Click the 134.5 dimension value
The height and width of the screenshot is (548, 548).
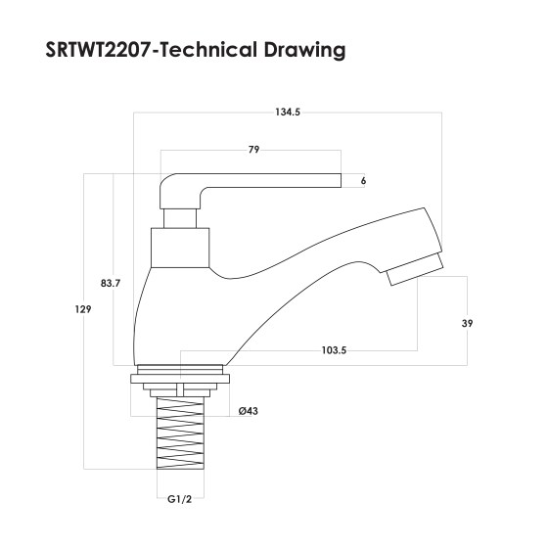[287, 113]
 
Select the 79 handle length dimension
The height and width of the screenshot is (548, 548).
[252, 150]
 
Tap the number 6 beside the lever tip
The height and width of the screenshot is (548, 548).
[363, 181]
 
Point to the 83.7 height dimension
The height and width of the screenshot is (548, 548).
[111, 284]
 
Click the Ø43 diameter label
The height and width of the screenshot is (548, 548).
[249, 411]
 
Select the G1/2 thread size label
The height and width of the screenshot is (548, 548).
[177, 499]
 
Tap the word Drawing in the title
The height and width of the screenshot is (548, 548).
[302, 49]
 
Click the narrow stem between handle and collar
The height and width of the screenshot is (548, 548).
[180, 215]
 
